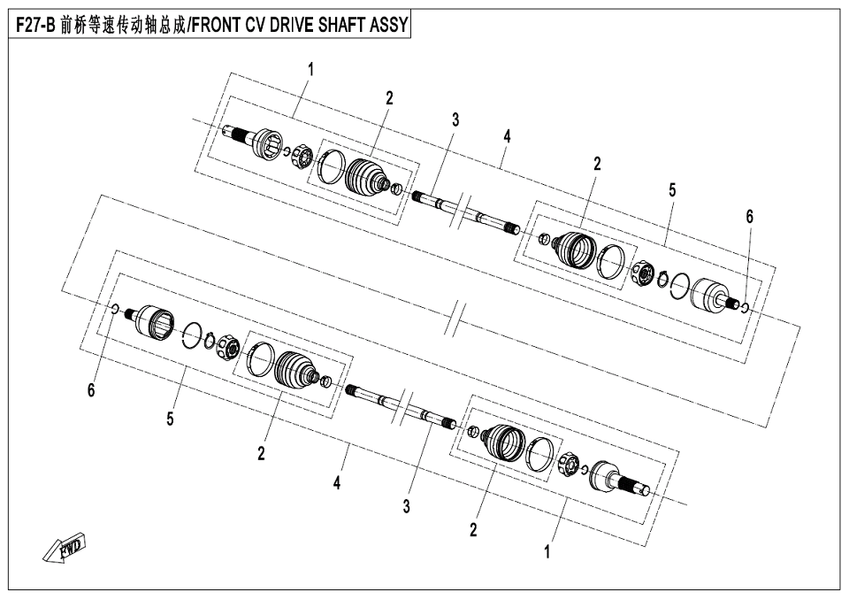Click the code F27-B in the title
click(x=36, y=26)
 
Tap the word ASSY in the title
click(x=388, y=26)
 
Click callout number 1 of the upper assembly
click(x=310, y=69)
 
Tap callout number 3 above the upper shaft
click(x=455, y=119)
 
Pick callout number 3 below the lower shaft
click(x=406, y=506)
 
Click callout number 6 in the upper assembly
click(x=750, y=216)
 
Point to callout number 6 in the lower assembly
click(x=90, y=390)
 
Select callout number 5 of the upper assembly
click(x=672, y=189)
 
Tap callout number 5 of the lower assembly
click(x=169, y=419)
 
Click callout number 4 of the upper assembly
click(x=507, y=136)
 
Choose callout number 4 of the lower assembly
click(x=337, y=483)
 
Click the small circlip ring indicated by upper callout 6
click(x=745, y=307)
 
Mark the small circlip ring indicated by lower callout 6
click(x=116, y=309)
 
